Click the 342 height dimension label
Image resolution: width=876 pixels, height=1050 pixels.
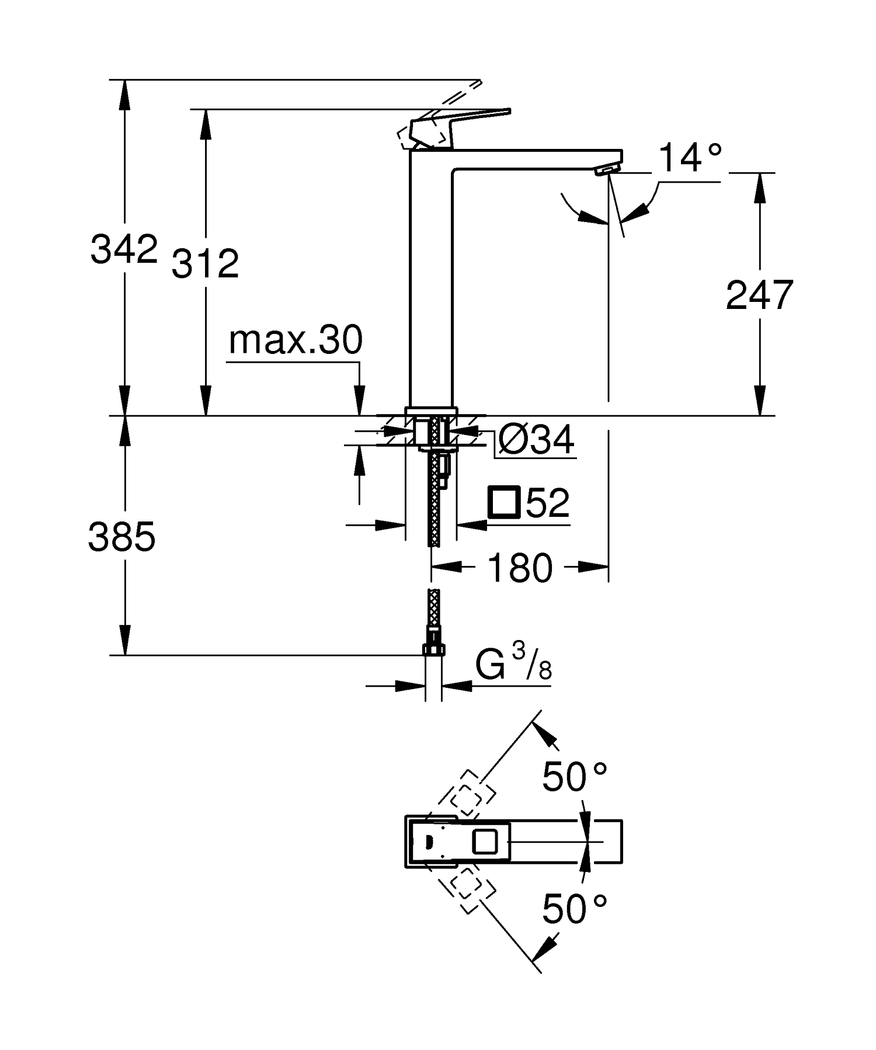124,249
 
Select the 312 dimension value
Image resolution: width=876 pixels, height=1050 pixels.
205,263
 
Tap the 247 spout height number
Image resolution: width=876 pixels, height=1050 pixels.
759,295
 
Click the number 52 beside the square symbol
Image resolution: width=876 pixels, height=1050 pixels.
547,503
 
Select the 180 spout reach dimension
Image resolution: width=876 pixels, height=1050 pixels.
520,568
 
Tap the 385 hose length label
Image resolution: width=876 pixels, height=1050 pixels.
121,537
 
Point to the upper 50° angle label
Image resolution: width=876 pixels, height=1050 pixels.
575,777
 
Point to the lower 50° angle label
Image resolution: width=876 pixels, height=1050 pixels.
575,909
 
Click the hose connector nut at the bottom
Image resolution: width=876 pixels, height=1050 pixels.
433,649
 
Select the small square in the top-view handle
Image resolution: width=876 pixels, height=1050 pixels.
484,842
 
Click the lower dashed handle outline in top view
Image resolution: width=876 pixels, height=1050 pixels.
468,891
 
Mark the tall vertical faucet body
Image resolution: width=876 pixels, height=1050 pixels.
432,280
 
